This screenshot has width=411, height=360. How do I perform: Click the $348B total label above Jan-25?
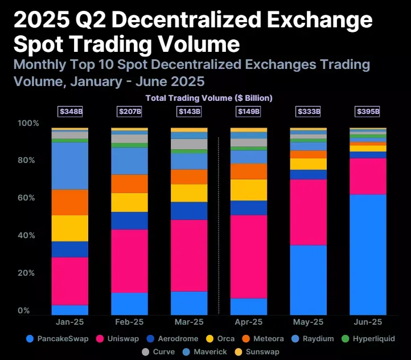(69, 112)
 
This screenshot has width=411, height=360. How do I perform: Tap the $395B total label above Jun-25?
(368, 112)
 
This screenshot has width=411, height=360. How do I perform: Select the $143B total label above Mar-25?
(189, 112)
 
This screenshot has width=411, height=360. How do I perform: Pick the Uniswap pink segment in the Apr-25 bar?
(249, 256)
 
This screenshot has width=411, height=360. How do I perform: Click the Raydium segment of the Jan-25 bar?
(69, 166)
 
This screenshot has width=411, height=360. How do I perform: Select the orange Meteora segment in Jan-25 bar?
(69, 202)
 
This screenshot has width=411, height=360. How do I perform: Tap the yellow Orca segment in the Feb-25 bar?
(129, 202)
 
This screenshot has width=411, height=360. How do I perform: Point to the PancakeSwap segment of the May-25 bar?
(309, 280)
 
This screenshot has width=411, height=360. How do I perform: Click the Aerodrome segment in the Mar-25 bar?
(189, 211)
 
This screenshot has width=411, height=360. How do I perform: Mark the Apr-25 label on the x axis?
(249, 322)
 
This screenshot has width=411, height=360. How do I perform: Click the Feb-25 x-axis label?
(129, 322)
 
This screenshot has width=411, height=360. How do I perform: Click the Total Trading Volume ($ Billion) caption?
(209, 98)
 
